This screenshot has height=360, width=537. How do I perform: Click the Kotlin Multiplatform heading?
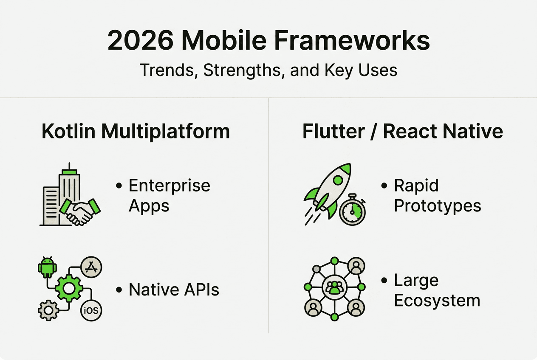(x=136, y=131)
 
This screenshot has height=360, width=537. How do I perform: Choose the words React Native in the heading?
(x=443, y=131)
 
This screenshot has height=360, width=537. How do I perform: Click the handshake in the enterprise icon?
(x=80, y=211)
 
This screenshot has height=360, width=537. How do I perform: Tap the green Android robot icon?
(x=47, y=267)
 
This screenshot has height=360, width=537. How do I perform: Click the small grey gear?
(x=48, y=310)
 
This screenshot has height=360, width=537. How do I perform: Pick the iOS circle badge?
(x=91, y=310)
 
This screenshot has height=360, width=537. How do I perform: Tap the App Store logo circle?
(x=91, y=267)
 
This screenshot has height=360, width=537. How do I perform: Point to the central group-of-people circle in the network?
(x=334, y=287)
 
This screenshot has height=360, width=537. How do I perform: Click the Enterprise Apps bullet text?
(x=169, y=196)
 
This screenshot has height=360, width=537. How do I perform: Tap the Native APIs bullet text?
(x=174, y=290)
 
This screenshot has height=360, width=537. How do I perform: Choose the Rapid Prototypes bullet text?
(x=437, y=196)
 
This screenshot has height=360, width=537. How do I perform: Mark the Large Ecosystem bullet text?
(x=436, y=290)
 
